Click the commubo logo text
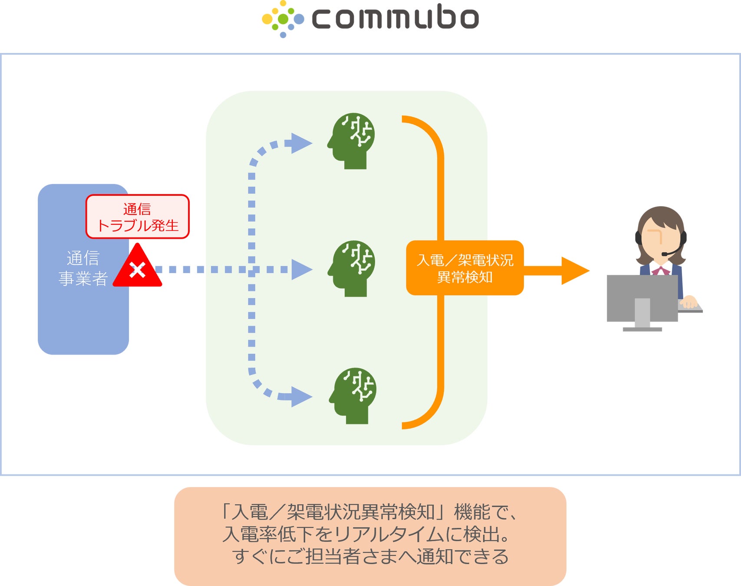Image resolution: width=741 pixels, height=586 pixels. click(395, 18)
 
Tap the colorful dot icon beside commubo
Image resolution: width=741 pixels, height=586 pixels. click(283, 19)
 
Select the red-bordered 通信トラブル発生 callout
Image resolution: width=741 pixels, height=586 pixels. click(137, 217)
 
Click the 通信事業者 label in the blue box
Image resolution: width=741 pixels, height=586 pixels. click(83, 268)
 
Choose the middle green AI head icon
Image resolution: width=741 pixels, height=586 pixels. click(352, 268)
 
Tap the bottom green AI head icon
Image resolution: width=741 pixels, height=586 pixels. click(353, 395)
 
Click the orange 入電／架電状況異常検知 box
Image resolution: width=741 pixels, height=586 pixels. click(464, 268)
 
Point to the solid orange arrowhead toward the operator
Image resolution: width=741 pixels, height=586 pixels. click(574, 271)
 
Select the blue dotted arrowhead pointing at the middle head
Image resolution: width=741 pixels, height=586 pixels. click(301, 270)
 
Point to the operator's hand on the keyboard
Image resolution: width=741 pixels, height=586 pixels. click(689, 302)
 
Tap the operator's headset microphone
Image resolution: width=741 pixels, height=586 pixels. click(665, 254)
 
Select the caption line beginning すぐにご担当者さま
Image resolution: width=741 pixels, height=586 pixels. click(370, 556)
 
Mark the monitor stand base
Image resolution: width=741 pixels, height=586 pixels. click(642, 329)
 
